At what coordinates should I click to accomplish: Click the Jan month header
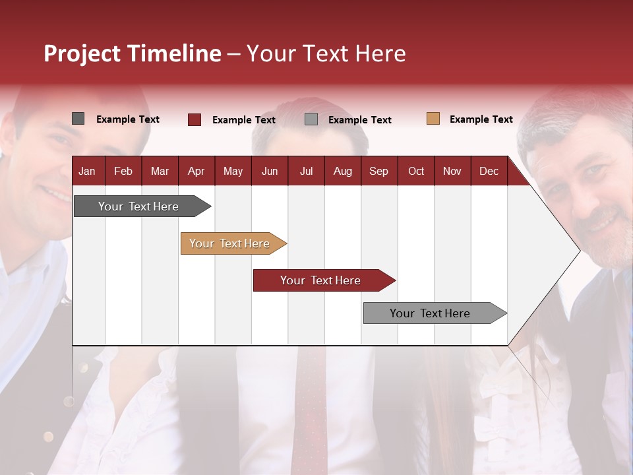87,171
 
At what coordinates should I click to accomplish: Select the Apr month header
196,171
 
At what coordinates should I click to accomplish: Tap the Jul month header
306,171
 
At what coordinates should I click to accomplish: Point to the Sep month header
378,171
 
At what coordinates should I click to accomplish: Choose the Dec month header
489,171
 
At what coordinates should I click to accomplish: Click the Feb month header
123,171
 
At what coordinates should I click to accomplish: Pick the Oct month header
416,171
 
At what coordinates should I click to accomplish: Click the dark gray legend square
78,119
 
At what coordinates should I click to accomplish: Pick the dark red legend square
195,119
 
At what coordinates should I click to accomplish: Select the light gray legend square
311,119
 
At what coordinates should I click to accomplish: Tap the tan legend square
433,119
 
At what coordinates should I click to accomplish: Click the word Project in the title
82,53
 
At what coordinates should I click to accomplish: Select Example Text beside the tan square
481,119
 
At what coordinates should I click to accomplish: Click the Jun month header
270,171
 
